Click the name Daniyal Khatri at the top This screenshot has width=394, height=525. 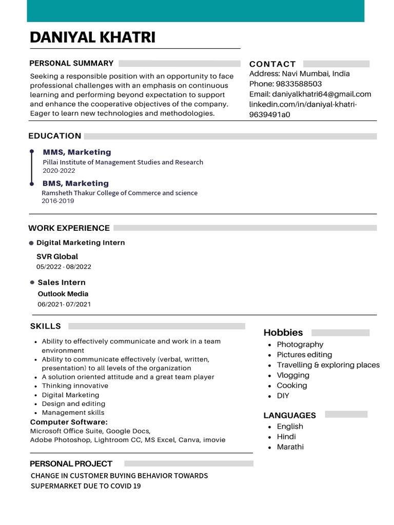[92, 37]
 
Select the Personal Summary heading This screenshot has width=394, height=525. [71, 63]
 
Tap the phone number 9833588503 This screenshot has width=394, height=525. [299, 84]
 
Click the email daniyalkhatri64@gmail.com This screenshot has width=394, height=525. [321, 94]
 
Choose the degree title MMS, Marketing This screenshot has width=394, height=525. [76, 152]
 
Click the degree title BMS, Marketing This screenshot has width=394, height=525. [75, 184]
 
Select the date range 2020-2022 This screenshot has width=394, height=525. [58, 171]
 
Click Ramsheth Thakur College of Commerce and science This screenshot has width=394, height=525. [120, 193]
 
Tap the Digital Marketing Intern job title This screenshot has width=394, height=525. [81, 243]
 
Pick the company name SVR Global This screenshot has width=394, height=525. [57, 256]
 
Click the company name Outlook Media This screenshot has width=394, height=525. [63, 294]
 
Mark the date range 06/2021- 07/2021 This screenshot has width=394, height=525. [64, 304]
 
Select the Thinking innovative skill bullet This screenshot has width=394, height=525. [75, 386]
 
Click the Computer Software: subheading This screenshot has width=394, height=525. [69, 422]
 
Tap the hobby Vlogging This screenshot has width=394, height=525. [293, 375]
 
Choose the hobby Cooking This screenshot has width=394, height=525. [292, 386]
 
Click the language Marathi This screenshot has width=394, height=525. [290, 447]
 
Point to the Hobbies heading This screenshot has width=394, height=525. [283, 332]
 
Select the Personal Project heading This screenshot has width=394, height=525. [71, 463]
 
